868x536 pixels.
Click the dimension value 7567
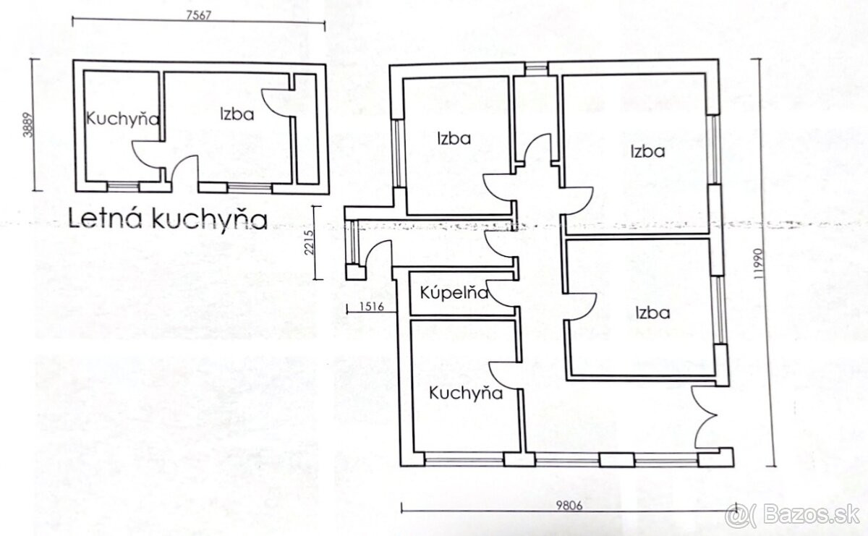[x=199, y=15]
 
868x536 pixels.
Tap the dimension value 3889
[x=28, y=125]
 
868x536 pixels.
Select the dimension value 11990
[x=758, y=263]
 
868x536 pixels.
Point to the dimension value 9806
[x=569, y=506]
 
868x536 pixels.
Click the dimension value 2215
[x=309, y=242]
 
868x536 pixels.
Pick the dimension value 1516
[x=372, y=307]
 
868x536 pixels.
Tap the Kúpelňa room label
[x=454, y=293]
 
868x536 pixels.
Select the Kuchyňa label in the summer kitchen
[x=122, y=119]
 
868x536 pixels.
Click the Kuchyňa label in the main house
[x=466, y=394]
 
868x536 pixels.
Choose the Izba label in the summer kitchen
[x=237, y=114]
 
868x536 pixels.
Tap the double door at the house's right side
[x=706, y=417]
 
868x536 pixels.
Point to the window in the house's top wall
[x=536, y=69]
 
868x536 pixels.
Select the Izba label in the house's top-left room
[x=454, y=138]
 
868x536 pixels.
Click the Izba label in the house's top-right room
[x=647, y=151]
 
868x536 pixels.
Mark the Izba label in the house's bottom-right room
[x=653, y=312]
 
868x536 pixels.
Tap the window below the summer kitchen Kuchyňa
[x=123, y=187]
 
